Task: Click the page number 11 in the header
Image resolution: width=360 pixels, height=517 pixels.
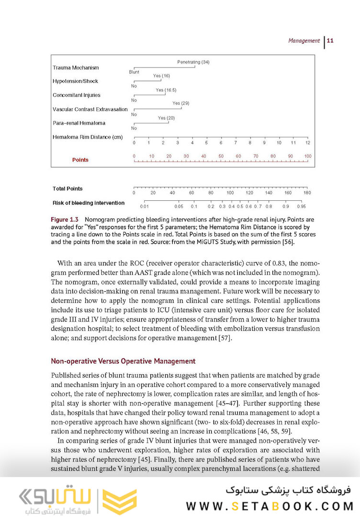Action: pos(330,41)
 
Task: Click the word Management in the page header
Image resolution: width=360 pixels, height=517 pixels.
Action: pos(304,41)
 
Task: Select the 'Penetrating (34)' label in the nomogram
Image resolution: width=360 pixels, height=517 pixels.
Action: pos(193,62)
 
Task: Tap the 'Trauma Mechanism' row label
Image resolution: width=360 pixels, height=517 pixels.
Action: pos(76,68)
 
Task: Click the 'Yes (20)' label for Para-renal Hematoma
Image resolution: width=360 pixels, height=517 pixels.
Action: pos(167,118)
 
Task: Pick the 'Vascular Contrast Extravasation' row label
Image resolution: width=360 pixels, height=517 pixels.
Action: pos(90,110)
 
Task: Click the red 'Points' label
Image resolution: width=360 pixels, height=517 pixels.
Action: pos(80,160)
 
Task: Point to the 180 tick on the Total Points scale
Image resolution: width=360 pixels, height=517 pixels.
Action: pos(307,192)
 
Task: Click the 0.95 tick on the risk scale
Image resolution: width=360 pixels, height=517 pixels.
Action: pos(301,207)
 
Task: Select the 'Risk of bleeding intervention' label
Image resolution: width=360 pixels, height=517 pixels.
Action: pos(89,203)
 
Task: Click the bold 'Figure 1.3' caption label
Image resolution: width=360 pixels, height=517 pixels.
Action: pos(65,219)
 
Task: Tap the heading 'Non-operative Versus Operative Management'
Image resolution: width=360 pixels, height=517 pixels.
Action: pos(123,361)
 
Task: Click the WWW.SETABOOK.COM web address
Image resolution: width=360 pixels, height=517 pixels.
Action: pos(270,506)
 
